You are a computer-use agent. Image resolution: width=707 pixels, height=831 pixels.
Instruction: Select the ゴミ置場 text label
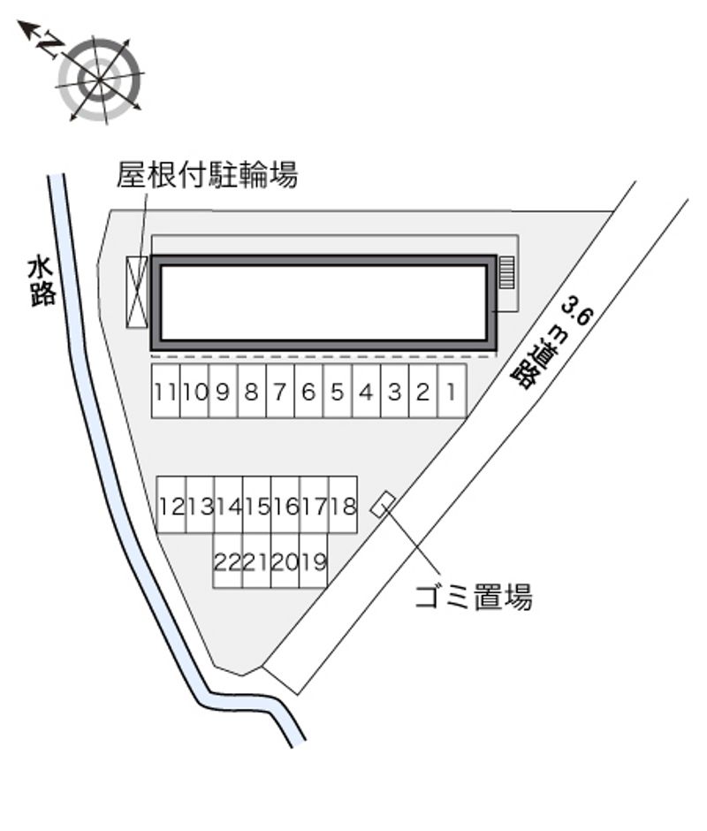pyautogui.click(x=474, y=598)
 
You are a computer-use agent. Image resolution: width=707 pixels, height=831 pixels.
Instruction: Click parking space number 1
pyautogui.click(x=452, y=391)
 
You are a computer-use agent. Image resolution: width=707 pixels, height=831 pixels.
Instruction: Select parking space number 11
pyautogui.click(x=165, y=391)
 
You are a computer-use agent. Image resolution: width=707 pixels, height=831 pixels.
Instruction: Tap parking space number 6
pyautogui.click(x=308, y=391)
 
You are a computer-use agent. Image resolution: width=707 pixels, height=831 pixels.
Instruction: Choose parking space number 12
pyautogui.click(x=171, y=507)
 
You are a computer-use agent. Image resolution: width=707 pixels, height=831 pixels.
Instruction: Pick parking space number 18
pyautogui.click(x=343, y=507)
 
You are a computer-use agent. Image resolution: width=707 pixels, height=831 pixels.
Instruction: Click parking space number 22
pyautogui.click(x=227, y=561)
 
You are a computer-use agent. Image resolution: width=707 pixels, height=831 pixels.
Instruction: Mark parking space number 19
pyautogui.click(x=313, y=561)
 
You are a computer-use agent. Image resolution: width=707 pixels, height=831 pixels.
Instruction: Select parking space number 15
pyautogui.click(x=257, y=507)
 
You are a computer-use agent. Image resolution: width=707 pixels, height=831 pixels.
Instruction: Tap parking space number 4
pyautogui.click(x=366, y=391)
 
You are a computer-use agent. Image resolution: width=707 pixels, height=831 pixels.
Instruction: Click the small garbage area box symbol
pyautogui.click(x=383, y=505)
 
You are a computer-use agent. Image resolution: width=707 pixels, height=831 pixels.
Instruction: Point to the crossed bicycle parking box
pyautogui.click(x=137, y=293)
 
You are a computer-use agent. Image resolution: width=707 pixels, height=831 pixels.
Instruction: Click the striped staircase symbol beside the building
pyautogui.click(x=506, y=272)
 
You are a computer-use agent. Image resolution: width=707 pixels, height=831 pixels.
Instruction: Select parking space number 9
pyautogui.click(x=223, y=391)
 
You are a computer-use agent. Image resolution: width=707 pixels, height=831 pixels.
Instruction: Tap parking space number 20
pyautogui.click(x=285, y=561)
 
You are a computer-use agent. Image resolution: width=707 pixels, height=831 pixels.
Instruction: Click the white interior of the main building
pyautogui.click(x=323, y=302)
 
